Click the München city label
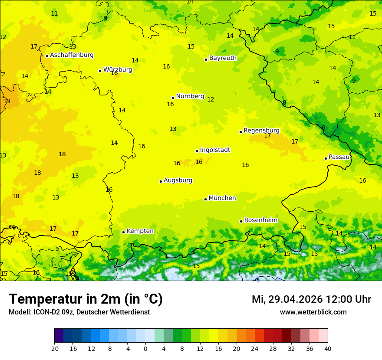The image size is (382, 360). (222, 198)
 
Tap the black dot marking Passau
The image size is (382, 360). (326, 158)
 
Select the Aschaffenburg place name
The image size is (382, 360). (72, 55)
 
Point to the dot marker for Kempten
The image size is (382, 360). (123, 232)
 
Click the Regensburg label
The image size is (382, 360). (261, 131)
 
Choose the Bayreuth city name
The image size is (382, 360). (223, 58)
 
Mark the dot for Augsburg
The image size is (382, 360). (161, 181)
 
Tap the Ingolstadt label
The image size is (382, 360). (215, 150)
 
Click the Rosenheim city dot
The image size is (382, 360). (241, 221)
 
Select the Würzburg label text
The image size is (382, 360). (117, 70)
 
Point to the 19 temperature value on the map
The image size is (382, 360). (7, 101)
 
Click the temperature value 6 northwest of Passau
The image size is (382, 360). (323, 128)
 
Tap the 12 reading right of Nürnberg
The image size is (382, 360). (211, 100)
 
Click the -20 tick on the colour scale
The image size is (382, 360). (54, 349)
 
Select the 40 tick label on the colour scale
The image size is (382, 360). (328, 349)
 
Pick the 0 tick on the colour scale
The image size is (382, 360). (145, 349)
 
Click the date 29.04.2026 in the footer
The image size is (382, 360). (295, 299)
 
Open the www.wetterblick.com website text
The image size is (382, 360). (313, 312)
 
